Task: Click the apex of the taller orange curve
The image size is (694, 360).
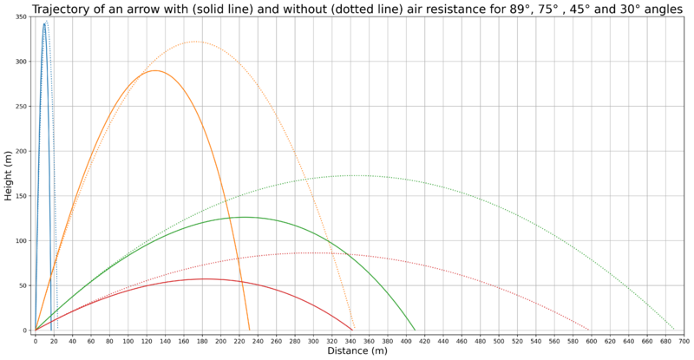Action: pos(195,42)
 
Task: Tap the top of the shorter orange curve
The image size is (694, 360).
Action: pos(154,70)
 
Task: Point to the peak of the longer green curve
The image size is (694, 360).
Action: pos(356,175)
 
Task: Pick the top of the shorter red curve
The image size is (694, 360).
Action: pos(204,278)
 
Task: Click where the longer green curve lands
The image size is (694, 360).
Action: pos(675,330)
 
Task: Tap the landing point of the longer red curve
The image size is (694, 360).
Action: pos(590,330)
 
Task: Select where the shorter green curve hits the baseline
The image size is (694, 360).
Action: pos(416,330)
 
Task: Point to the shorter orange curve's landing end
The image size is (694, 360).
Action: pos(250,330)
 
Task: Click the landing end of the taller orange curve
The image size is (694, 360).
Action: pos(355,330)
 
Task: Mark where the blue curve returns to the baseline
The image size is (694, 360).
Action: pos(56,330)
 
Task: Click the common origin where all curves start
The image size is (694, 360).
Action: pos(35,330)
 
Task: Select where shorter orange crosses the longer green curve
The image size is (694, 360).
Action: pos(223,201)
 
